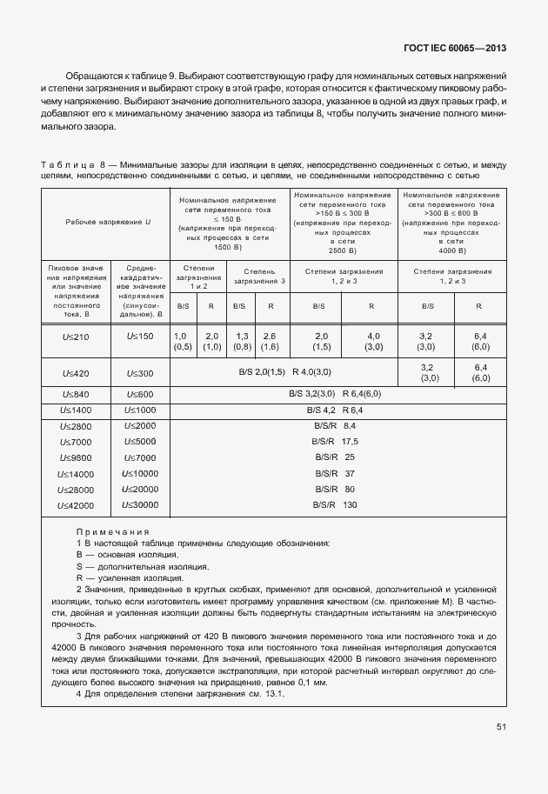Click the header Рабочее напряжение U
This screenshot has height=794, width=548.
coord(107,223)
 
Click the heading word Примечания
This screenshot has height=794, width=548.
coord(112,531)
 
